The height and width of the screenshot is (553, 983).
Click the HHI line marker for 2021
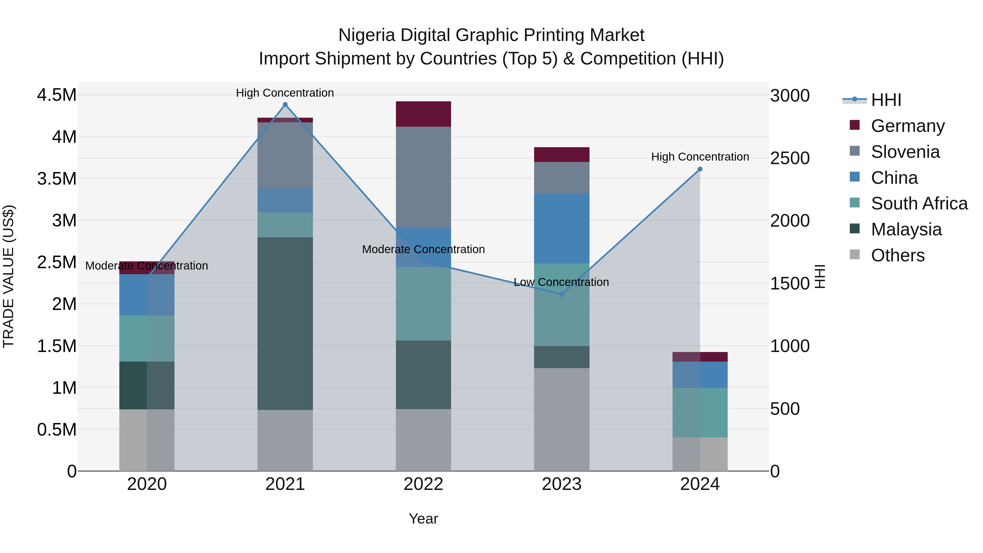coord(285,105)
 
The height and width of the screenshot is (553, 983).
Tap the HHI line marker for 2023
coord(561,294)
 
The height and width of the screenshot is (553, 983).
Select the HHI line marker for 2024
coord(700,169)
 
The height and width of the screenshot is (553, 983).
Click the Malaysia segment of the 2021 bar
coord(285,323)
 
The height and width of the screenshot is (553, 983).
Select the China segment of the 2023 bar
coord(561,228)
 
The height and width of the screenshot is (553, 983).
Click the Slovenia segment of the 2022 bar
coord(423,177)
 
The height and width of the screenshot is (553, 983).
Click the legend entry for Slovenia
coord(905,152)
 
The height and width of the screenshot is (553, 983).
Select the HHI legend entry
coord(886,100)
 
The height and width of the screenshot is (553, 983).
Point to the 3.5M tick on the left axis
coord(57,179)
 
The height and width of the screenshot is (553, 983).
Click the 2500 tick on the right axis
coord(789,158)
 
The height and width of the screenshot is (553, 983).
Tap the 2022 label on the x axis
coord(423,484)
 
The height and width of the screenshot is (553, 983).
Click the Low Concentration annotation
coord(561,282)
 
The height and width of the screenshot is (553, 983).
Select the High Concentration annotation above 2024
coord(700,157)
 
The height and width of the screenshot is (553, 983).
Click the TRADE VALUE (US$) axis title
coord(9,276)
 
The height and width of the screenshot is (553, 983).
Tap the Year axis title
coord(423,519)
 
